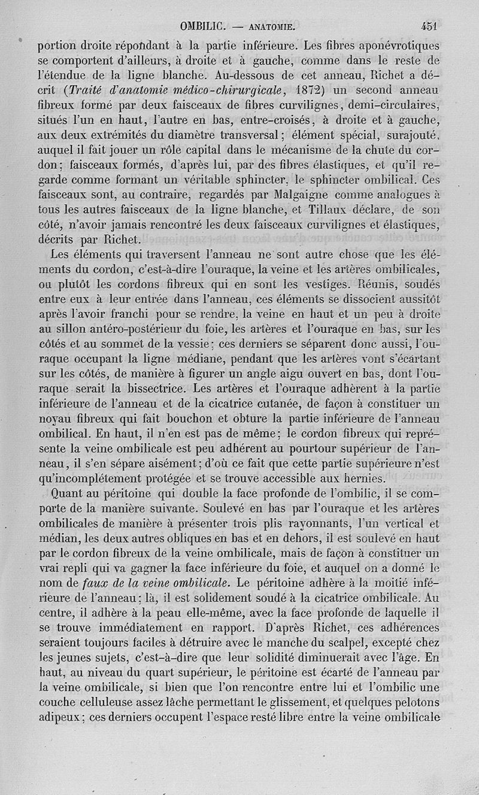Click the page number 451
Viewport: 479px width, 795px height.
[429, 26]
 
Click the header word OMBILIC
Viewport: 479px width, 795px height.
[202, 26]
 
